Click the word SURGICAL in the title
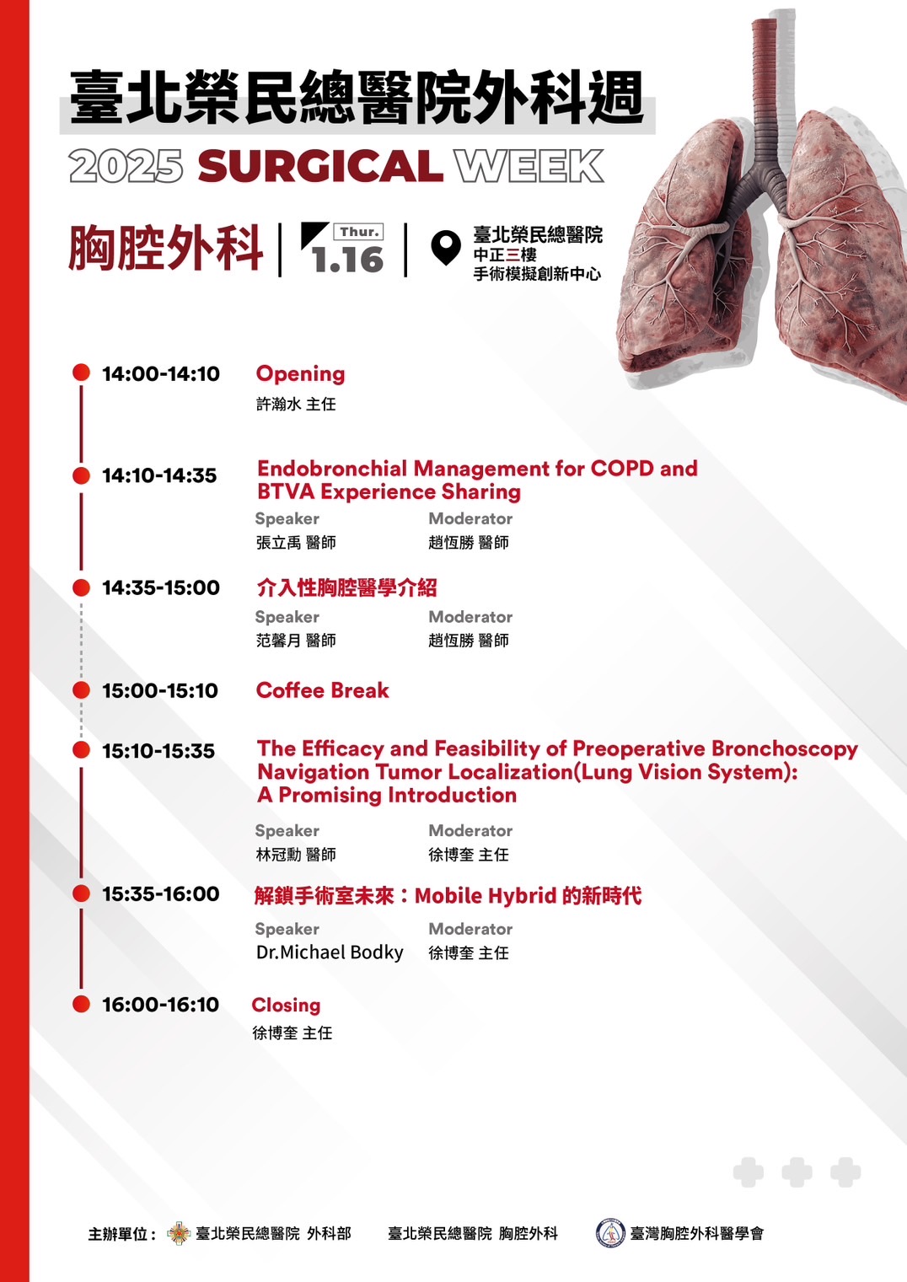coord(320,166)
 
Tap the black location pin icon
coord(446,247)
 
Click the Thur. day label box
coord(359,232)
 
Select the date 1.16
coord(348,260)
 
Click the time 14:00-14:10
coord(161,373)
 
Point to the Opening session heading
coord(300,374)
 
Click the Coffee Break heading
coord(323,690)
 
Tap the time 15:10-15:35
coord(158,750)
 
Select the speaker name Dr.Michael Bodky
coord(330,952)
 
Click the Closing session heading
coord(286,1005)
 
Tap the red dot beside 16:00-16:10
coord(81,1004)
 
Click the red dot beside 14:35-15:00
coord(81,587)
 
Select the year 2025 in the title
coord(126,166)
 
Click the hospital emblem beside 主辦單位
coord(179,1233)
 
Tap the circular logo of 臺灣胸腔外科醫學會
coord(610,1233)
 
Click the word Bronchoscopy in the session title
coord(785,748)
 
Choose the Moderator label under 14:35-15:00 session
coord(470,616)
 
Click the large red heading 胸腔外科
coord(165,249)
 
